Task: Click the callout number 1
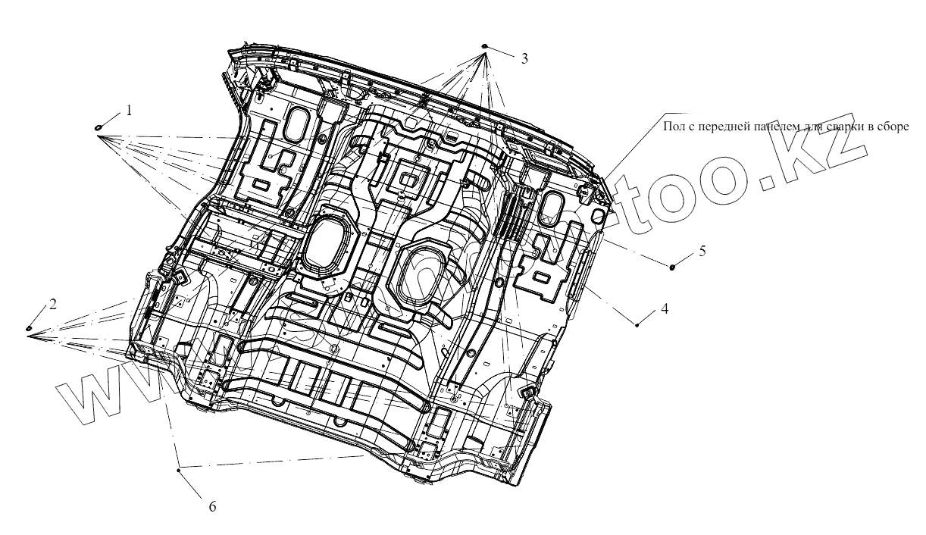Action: tap(129, 110)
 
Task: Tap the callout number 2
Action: tap(53, 304)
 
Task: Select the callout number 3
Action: tap(524, 58)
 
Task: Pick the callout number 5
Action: tap(702, 250)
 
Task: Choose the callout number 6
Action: tap(212, 506)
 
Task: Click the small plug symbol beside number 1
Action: tap(99, 127)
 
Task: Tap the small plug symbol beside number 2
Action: tap(30, 327)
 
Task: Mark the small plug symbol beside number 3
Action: tap(484, 47)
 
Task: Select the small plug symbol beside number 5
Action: tap(673, 266)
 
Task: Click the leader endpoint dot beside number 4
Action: tap(637, 324)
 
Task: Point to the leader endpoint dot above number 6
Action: tap(178, 471)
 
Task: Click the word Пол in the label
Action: tap(673, 127)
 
